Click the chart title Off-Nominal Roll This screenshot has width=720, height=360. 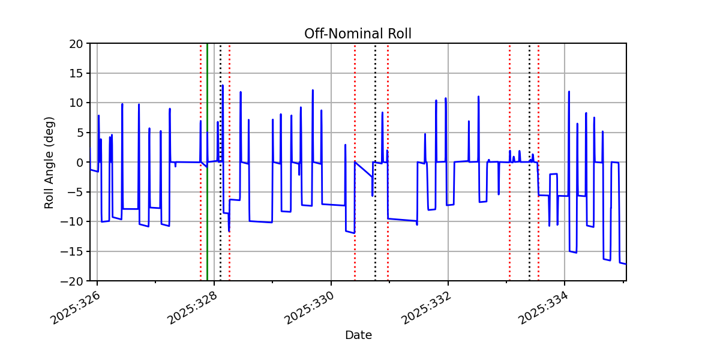click(x=358, y=34)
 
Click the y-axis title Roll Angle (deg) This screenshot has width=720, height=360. click(x=49, y=162)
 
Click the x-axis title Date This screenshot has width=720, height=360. click(x=358, y=335)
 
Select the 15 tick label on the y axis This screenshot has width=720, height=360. click(x=76, y=73)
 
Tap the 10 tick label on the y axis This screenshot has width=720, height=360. click(x=76, y=103)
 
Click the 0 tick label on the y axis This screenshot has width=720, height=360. click(x=79, y=163)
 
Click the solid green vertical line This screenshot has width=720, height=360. click(x=207, y=180)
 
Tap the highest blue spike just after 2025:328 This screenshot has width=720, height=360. click(x=223, y=86)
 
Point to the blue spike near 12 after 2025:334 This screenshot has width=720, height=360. click(x=569, y=92)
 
